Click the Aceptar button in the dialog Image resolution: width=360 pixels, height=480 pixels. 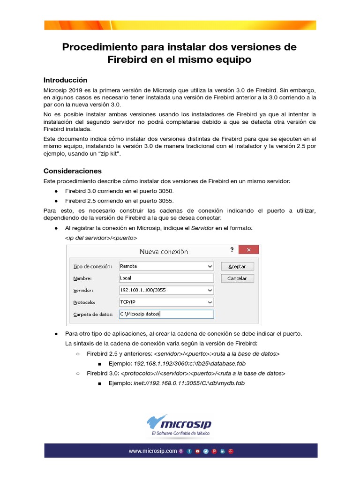pyautogui.click(x=237, y=266)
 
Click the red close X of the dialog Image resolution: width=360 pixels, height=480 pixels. pyautogui.click(x=249, y=250)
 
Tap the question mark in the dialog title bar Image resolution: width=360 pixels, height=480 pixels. pyautogui.click(x=232, y=250)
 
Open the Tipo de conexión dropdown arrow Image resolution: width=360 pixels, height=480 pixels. pyautogui.click(x=210, y=266)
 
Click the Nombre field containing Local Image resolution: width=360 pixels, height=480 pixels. pyautogui.click(x=166, y=278)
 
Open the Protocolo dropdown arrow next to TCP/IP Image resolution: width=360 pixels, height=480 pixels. pyautogui.click(x=210, y=302)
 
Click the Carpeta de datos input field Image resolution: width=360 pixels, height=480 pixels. pyautogui.click(x=166, y=314)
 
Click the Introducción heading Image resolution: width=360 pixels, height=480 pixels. pyautogui.click(x=65, y=80)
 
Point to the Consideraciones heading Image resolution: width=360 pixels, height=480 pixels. pyautogui.click(x=72, y=171)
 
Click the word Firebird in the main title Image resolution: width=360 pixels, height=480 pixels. pyautogui.click(x=127, y=60)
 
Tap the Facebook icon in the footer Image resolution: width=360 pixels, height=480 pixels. pyautogui.click(x=189, y=451)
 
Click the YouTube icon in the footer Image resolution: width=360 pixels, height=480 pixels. pyautogui.click(x=197, y=451)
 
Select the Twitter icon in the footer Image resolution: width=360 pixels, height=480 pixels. pyautogui.click(x=206, y=451)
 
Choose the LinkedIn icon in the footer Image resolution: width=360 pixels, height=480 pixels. pyautogui.click(x=223, y=451)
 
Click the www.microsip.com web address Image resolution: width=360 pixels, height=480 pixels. pyautogui.click(x=153, y=451)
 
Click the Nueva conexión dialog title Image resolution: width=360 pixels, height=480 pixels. pyautogui.click(x=164, y=251)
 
